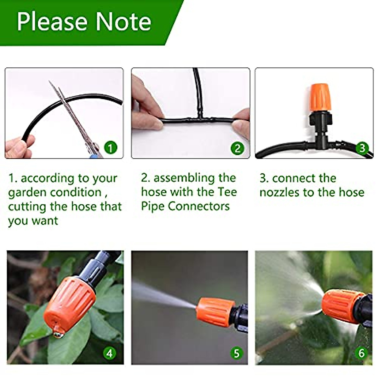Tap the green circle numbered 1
coord(110,147)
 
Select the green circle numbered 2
coord(237,148)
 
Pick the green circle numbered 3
coord(362,148)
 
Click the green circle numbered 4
coord(109,353)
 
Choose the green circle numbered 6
coord(361,353)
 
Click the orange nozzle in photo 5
coord(215,312)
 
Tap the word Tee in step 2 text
coord(227,192)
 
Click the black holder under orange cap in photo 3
coord(321,120)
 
